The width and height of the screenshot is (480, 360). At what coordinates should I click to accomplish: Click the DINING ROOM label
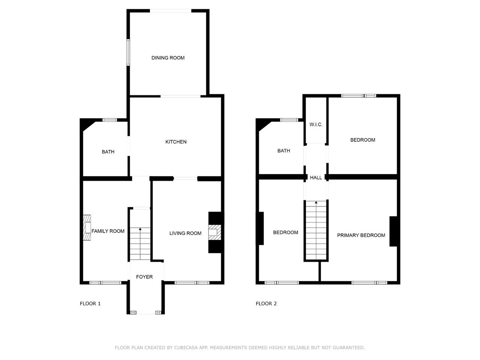click(x=168, y=58)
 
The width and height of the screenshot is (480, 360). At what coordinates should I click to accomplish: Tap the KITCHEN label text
click(x=176, y=142)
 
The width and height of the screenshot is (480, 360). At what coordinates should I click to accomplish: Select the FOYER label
click(x=144, y=277)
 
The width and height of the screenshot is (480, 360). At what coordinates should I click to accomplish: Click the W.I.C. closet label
click(x=316, y=124)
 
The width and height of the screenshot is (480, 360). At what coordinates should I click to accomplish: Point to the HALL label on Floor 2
click(x=316, y=178)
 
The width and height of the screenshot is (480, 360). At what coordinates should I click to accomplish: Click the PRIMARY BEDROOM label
click(x=361, y=235)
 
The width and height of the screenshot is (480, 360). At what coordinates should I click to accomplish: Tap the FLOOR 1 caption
click(x=90, y=304)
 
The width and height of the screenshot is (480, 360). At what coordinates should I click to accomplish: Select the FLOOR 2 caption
click(x=266, y=304)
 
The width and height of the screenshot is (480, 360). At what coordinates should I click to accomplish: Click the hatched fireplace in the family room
click(x=87, y=228)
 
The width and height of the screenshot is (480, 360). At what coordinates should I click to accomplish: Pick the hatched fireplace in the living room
click(x=215, y=232)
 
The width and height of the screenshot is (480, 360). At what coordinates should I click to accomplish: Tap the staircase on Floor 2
click(x=316, y=230)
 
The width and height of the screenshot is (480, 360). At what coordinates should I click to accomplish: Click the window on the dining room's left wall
click(x=128, y=52)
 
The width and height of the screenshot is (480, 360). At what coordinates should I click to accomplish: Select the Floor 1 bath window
click(x=109, y=120)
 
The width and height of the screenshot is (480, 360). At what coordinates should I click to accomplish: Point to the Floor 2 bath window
click(x=289, y=120)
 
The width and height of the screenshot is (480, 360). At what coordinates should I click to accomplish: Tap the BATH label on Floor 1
click(x=108, y=152)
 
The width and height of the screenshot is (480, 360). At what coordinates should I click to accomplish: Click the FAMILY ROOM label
click(x=108, y=231)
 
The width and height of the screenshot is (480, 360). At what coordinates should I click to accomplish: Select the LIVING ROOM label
click(x=186, y=234)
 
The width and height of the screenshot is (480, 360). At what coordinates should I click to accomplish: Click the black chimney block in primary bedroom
click(x=393, y=231)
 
